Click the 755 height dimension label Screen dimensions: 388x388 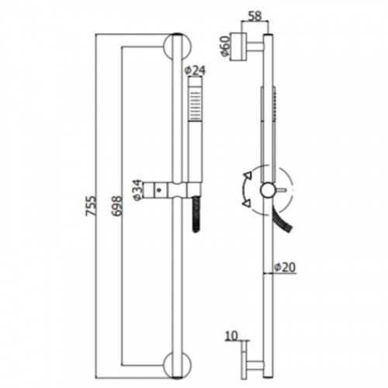(91, 206)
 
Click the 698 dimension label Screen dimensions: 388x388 (116, 206)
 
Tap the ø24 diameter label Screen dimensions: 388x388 (196, 71)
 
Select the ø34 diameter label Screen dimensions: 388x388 (138, 190)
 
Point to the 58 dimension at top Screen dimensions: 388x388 (255, 16)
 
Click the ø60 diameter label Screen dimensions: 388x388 (224, 46)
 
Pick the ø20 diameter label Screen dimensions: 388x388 (285, 267)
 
